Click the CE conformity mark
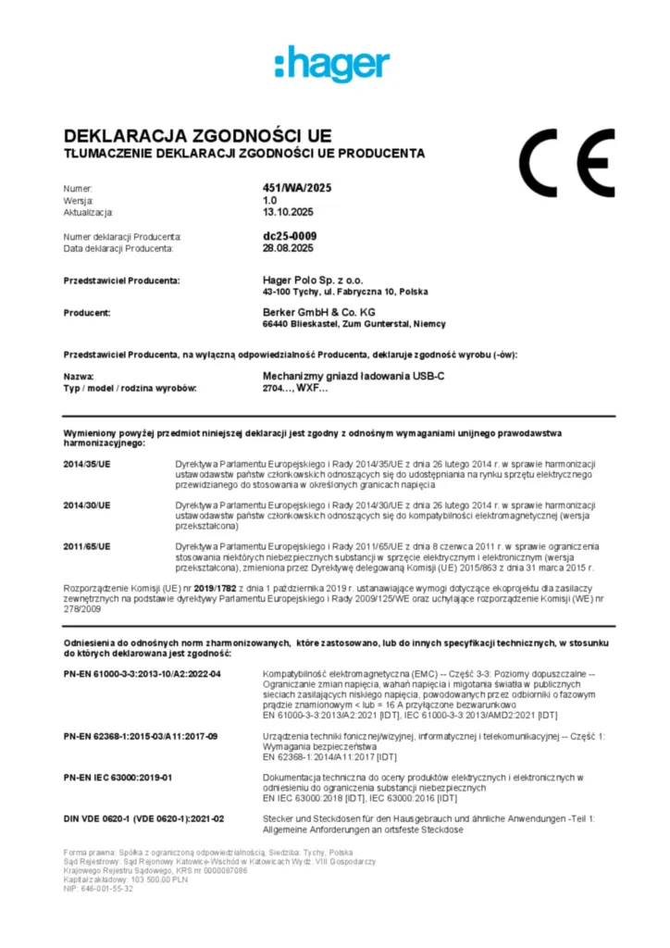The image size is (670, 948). pos(566,164)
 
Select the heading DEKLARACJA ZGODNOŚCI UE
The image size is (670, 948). pos(197,136)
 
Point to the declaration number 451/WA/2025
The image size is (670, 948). pos(297,188)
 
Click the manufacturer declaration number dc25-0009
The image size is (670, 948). pos(290,236)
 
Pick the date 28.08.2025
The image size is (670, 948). pos(288,248)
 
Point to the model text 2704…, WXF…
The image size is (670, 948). pos(295,389)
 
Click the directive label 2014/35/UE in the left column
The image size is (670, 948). pos(87,463)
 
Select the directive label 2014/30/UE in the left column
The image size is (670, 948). pos(87,505)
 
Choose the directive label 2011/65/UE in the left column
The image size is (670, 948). pos(87,546)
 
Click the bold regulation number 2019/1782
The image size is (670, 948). pos(217,588)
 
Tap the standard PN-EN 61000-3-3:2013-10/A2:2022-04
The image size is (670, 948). pos(143,673)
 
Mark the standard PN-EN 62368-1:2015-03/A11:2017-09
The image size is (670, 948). pos(141,736)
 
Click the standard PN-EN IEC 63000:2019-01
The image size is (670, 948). pos(118,778)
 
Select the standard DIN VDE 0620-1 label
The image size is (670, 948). pos(143,819)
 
